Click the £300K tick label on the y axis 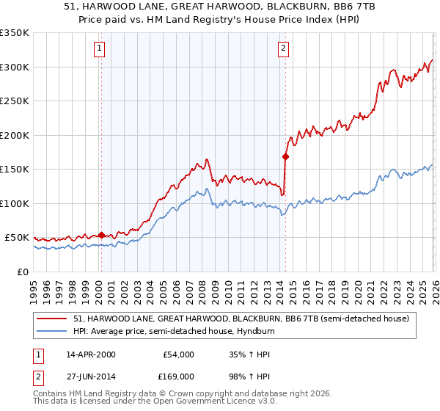tap(15, 67)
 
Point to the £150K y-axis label tap(15, 169)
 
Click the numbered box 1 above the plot tap(100, 49)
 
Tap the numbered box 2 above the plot tap(283, 49)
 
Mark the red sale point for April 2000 tap(101, 235)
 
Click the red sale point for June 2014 tap(285, 156)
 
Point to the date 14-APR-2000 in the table tap(91, 354)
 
